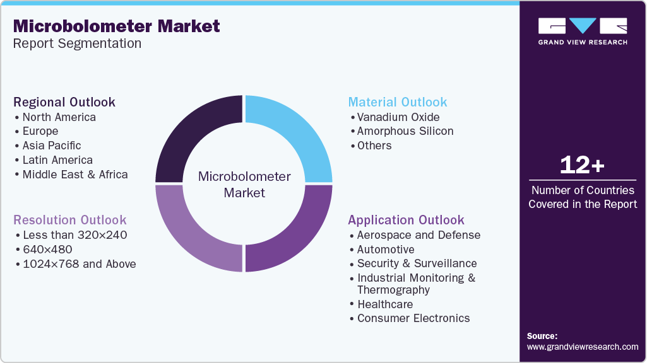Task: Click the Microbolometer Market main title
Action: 117,26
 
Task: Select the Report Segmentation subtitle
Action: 77,44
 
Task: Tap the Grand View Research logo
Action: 583,31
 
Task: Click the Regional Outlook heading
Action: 64,102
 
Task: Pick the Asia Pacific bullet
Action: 52,146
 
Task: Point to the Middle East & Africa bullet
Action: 74,175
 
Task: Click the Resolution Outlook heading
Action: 70,220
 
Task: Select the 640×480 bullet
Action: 47,250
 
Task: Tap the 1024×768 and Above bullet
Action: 79,264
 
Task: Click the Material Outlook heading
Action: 398,102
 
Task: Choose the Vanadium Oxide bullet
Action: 398,117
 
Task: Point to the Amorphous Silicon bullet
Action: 405,131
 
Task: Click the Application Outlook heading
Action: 406,220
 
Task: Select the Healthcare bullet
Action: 385,304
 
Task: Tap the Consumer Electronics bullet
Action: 413,318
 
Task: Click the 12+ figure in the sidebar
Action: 583,166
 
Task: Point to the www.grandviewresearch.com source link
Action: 583,347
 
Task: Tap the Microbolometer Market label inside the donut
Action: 244,184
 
